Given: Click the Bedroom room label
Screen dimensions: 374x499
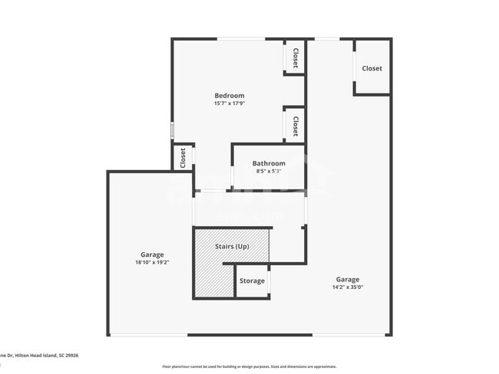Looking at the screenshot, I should click(229, 96).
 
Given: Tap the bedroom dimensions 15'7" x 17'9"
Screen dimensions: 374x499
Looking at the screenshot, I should click(229, 103).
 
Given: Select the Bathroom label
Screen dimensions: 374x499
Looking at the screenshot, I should click(269, 163).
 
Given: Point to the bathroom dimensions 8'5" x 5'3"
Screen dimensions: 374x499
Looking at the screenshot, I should click(269, 171).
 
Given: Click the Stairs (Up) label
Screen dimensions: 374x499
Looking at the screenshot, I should click(231, 246).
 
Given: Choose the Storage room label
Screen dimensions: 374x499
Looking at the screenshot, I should click(252, 281).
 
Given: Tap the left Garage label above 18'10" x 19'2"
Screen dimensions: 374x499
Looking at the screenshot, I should click(151, 254).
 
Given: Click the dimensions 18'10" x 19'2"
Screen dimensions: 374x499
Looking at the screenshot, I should click(151, 262).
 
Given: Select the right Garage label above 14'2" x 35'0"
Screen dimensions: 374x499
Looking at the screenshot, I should click(347, 280).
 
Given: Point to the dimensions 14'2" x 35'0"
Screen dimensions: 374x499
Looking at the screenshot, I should click(347, 287).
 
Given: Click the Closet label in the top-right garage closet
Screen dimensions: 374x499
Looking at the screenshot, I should click(372, 68).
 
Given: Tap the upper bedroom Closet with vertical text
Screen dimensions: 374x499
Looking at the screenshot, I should click(295, 57).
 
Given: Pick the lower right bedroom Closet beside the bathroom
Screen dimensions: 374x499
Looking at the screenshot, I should click(295, 123).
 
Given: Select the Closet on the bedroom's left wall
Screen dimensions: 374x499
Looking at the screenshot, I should click(183, 158).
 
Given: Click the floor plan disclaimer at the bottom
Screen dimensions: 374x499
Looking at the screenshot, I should click(249, 366).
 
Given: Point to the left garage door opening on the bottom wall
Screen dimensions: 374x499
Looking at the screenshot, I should click(147, 335).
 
